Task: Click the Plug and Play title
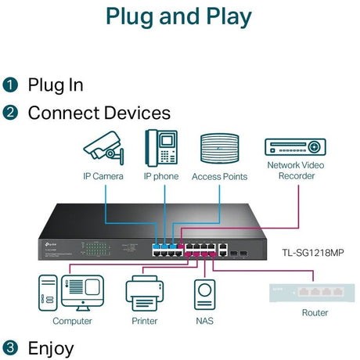tap(179, 16)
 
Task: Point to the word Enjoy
tap(51, 347)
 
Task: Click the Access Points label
tap(219, 177)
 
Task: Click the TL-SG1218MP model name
tap(315, 252)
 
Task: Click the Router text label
tap(315, 313)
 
